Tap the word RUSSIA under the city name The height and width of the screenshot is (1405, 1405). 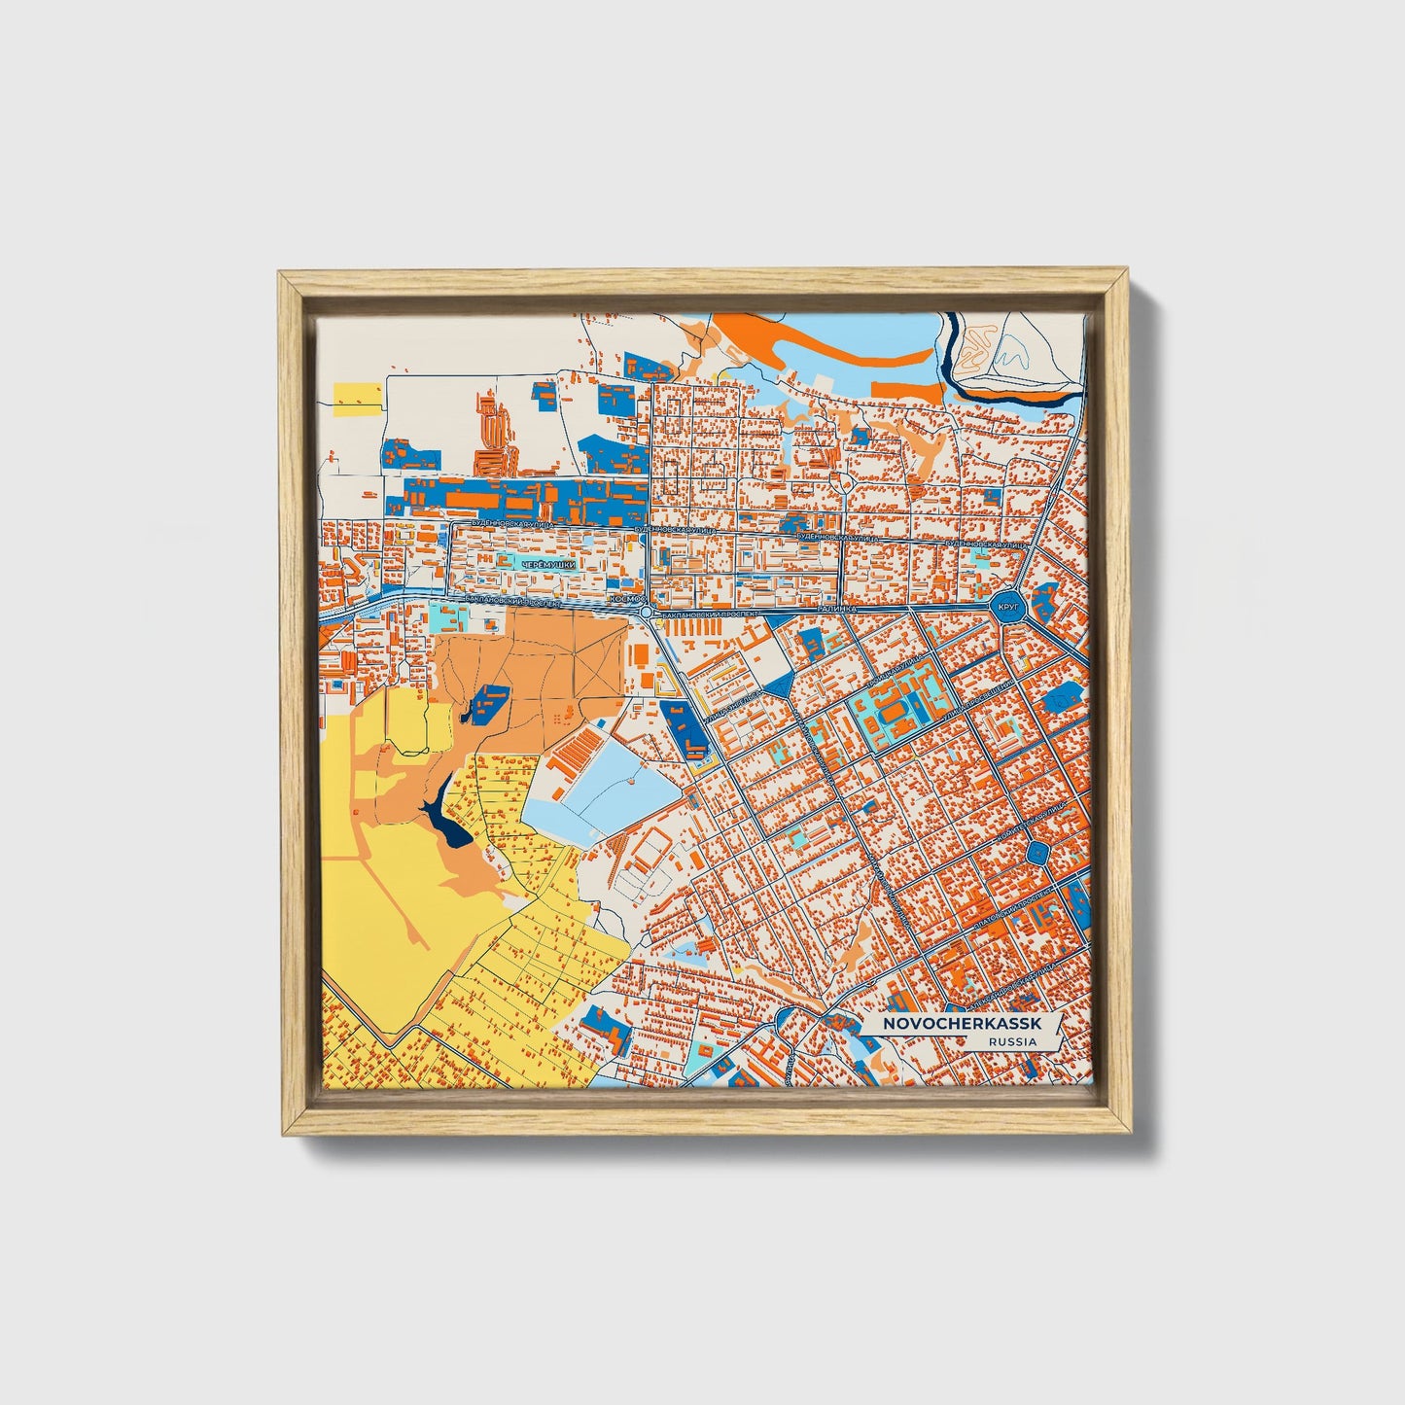[x=1011, y=1041]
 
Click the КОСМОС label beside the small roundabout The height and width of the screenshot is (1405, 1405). [x=625, y=601]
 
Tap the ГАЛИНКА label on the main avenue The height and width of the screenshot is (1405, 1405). [x=836, y=607]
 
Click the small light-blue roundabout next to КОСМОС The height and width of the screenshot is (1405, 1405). [x=647, y=613]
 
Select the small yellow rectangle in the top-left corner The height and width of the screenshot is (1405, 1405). [x=359, y=395]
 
